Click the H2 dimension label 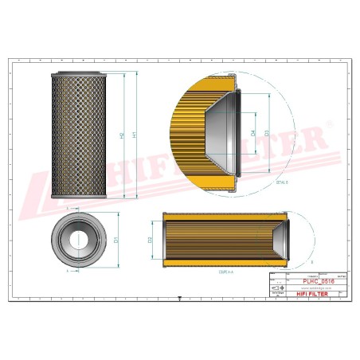coord(122,135)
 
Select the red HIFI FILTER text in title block coord(314,294)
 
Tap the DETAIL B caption coord(281,182)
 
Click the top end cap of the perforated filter coord(78,73)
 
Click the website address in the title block coord(307,289)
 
